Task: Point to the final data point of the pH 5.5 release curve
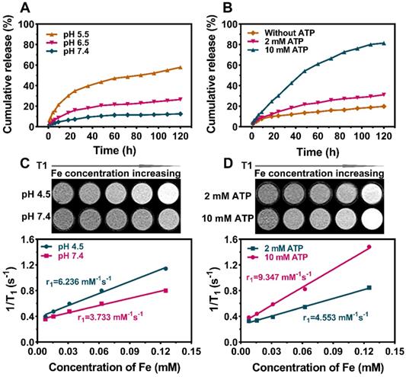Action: pos(180,68)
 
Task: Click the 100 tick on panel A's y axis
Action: pos(27,25)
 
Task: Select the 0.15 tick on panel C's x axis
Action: pos(189,352)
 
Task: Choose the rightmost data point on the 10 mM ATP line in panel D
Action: pos(369,247)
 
